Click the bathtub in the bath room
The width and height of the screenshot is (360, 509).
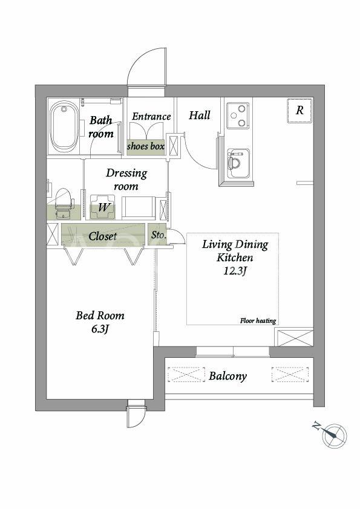click(x=64, y=126)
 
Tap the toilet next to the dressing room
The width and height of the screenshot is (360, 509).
click(x=64, y=203)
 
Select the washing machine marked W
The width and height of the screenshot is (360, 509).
click(x=102, y=207)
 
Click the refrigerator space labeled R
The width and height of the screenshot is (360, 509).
click(x=299, y=111)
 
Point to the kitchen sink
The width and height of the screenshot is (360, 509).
click(x=238, y=163)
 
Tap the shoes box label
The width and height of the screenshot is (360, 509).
click(x=146, y=146)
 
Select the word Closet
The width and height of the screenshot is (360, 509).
click(x=103, y=236)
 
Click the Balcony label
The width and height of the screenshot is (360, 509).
click(x=227, y=376)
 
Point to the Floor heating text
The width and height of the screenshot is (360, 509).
click(x=258, y=321)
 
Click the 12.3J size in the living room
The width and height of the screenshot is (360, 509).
click(x=235, y=271)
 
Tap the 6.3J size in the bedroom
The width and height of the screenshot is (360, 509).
click(x=100, y=329)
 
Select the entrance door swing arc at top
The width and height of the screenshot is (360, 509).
click(x=142, y=60)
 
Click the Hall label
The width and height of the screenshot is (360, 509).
click(x=200, y=115)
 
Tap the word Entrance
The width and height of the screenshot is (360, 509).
click(x=151, y=116)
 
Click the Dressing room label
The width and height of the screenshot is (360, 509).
click(x=126, y=180)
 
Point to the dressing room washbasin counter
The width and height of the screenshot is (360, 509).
click(x=138, y=207)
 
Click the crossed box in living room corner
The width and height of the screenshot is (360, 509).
click(x=293, y=338)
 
